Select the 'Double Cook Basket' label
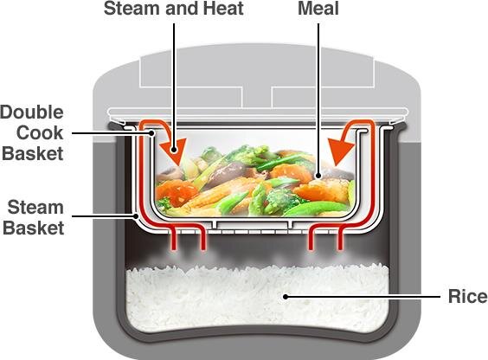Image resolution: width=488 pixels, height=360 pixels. click(x=32, y=134)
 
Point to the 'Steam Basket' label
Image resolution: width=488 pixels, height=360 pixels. click(x=34, y=216)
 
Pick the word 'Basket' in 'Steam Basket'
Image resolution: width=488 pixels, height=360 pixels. click(x=34, y=227)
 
